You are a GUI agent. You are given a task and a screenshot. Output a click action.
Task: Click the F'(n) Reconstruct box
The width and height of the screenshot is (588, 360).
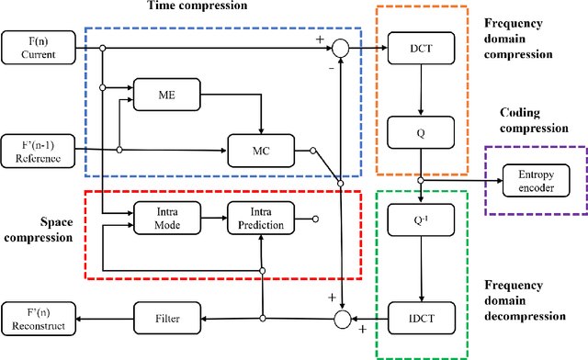click(35, 319)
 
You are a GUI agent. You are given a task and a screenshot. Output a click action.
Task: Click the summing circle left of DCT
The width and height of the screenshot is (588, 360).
click(341, 47)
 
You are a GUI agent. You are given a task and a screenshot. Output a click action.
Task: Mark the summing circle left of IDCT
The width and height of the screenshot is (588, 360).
click(341, 319)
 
